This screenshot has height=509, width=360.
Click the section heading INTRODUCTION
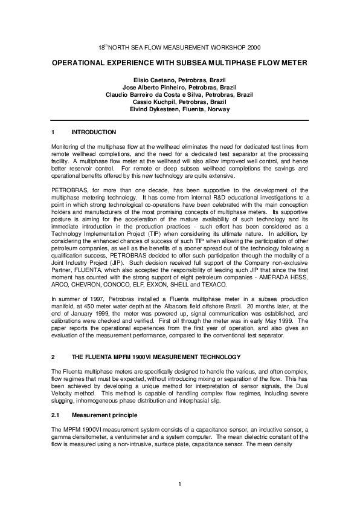click(94, 132)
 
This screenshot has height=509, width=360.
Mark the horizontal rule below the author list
click(180, 120)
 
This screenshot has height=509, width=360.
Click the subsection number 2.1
click(56, 415)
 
